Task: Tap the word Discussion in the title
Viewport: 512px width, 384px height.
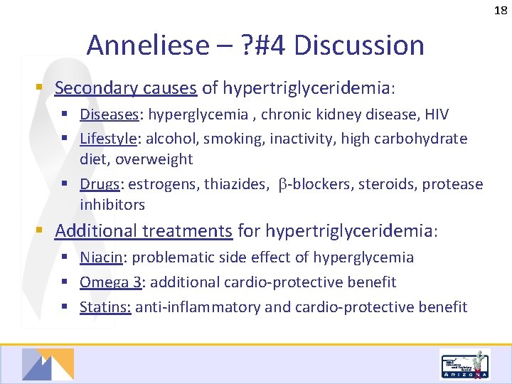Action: coord(359,46)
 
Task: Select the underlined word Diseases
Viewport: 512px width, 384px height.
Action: coord(100,114)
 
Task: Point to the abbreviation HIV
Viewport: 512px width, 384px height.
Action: coord(435,114)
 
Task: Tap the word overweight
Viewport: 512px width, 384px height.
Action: coord(154,159)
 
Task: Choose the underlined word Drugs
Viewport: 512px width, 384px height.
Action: coord(99,184)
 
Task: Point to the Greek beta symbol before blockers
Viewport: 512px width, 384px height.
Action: coord(282,185)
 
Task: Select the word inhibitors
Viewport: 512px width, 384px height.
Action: coord(112,205)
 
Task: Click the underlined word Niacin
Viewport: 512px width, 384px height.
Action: coord(101,257)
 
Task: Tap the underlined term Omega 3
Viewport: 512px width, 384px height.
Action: coord(110,282)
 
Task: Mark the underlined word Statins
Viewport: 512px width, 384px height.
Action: coord(105,307)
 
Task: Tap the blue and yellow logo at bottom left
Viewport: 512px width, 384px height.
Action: coord(48,364)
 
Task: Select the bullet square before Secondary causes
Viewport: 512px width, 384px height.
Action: coord(43,88)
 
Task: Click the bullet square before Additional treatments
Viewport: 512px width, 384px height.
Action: coord(43,231)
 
